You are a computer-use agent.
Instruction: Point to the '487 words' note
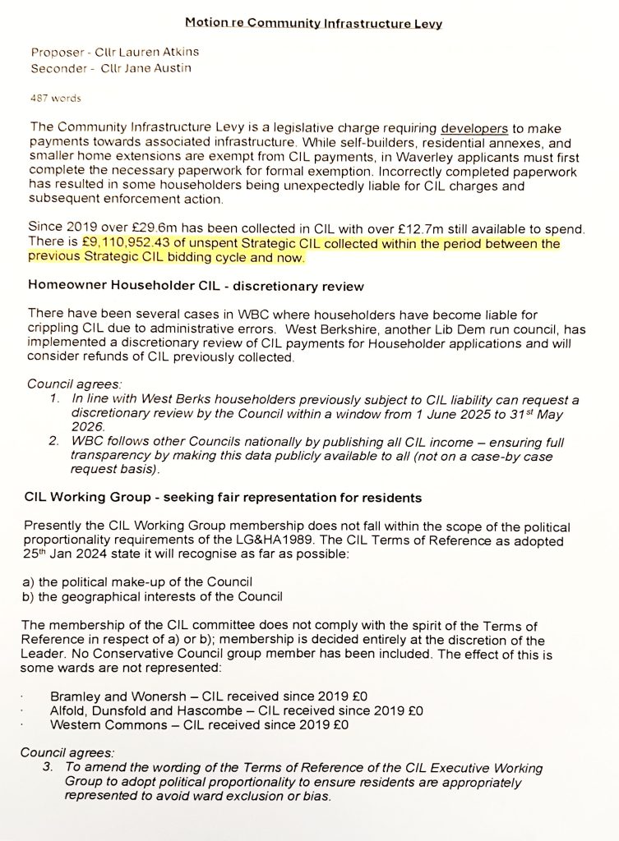tap(56, 98)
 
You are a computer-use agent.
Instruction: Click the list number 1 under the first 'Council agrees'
tap(53, 400)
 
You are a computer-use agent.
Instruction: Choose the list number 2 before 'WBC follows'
tap(53, 442)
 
